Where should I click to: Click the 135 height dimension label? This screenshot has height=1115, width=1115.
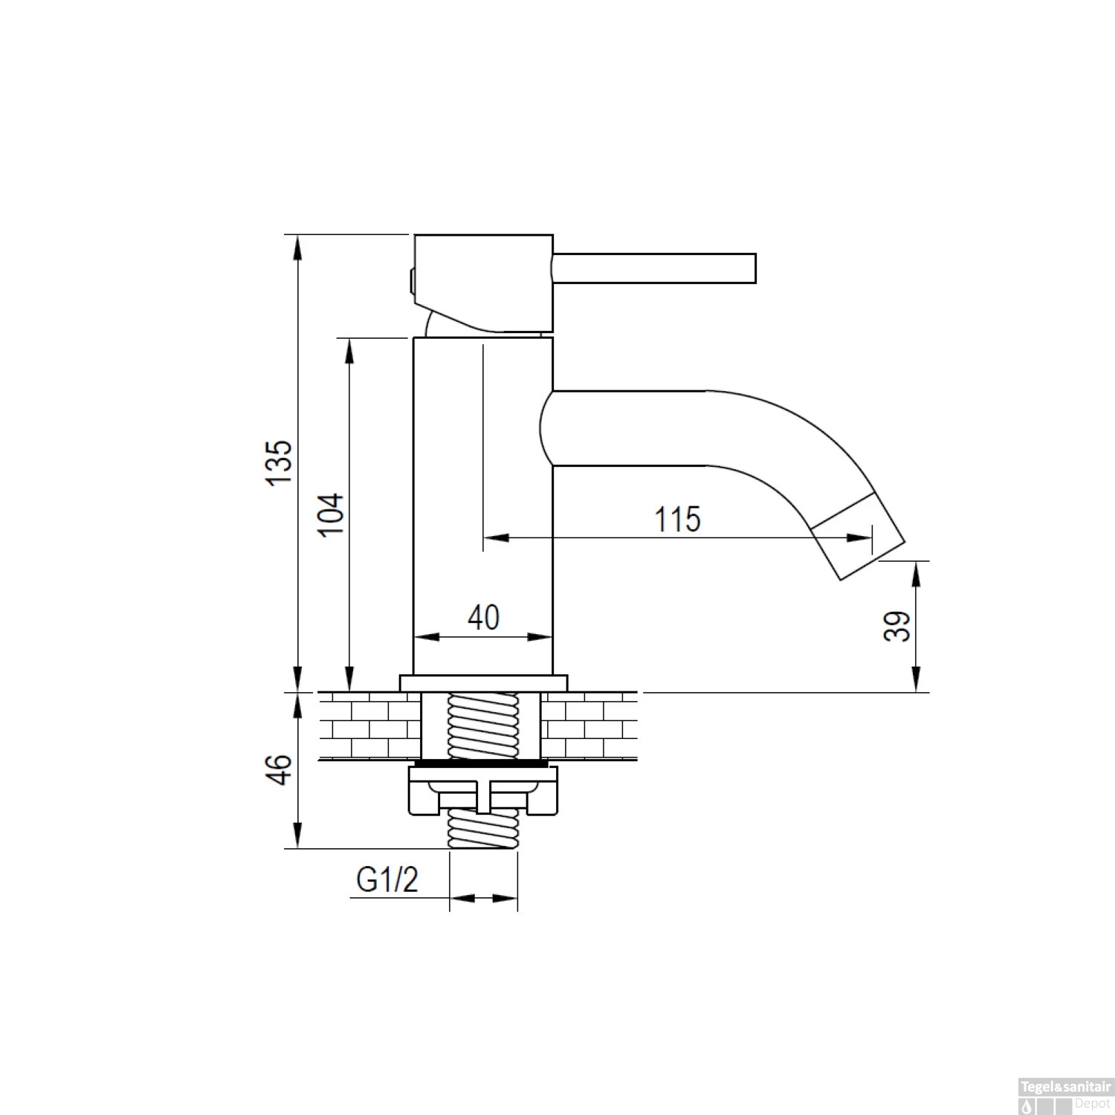280,462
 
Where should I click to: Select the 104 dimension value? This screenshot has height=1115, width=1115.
332,514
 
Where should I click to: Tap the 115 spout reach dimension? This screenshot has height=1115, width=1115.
677,519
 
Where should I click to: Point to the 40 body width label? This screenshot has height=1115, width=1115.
484,617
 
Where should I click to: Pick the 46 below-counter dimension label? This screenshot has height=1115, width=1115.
280,769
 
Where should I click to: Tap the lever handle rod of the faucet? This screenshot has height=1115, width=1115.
654,268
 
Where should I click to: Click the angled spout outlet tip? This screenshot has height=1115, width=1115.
857,535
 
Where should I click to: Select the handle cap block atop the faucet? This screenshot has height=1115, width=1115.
483,283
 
